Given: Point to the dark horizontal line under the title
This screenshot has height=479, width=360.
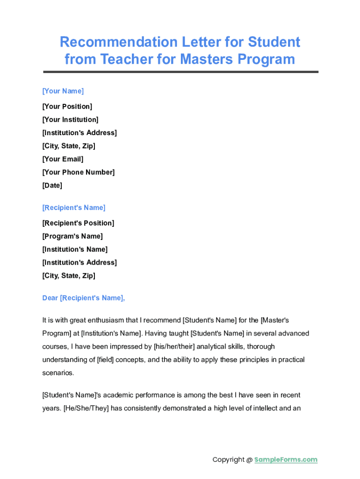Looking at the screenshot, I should [180, 72].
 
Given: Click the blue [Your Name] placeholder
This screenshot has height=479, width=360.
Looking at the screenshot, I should [63, 91].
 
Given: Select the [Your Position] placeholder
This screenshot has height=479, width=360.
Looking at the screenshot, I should [67, 106].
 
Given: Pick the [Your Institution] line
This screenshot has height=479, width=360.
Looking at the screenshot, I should [70, 119].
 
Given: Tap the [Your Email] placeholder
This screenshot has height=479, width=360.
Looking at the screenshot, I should [63, 159].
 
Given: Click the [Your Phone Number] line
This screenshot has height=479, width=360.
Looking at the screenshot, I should [78, 172].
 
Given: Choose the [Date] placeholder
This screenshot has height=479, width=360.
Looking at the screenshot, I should [52, 185].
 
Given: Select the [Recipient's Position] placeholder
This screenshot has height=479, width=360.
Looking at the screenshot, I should [78, 223].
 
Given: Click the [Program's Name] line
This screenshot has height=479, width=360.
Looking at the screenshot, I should [72, 236].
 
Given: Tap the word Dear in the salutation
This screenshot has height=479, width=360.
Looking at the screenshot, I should [50, 298].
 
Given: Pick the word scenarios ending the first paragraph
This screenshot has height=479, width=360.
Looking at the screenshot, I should [58, 373].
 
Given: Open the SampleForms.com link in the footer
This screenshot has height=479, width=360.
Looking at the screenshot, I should [286, 459].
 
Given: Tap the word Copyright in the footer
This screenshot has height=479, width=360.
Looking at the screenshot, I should [228, 459].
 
